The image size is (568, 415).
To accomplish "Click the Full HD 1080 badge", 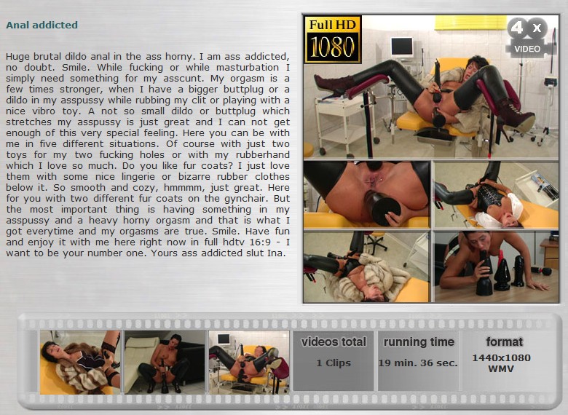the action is point(333,39).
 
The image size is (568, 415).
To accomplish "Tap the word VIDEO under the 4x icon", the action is point(527,49).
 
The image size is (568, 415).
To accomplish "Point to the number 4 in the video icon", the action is point(517,28).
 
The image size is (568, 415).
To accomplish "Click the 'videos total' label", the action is point(334,341).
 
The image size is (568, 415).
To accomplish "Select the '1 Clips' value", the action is point(334,363).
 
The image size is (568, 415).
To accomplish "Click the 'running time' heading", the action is point(419,342).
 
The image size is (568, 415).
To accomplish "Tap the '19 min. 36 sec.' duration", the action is point(418,363).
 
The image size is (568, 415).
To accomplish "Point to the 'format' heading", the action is point(504,341).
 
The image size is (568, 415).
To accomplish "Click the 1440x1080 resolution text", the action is point(501,357).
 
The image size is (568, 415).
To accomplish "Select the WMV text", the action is point(501,369).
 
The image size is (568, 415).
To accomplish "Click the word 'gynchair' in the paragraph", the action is point(247,199).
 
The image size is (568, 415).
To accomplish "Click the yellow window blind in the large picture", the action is point(470,23).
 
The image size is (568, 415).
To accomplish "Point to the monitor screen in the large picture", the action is point(402,47).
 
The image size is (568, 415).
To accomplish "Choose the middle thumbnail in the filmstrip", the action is point(165,362).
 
